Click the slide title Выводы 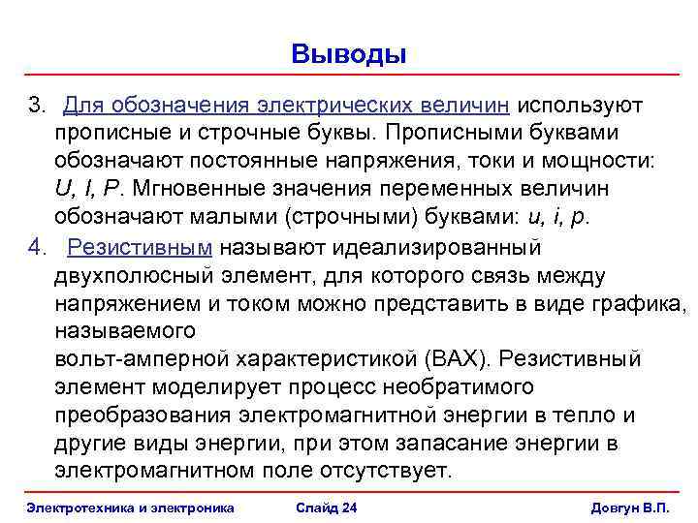[x=348, y=53]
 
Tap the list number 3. [x=36, y=105]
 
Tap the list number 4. [x=36, y=247]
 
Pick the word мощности [x=599, y=161]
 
